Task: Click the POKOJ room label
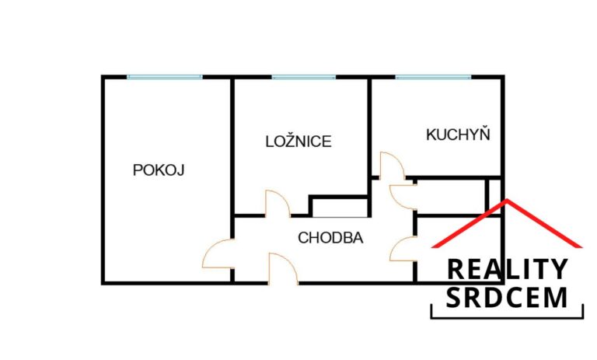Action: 159,170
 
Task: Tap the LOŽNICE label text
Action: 298,142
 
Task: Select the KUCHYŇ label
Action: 459,135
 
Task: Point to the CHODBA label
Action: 330,238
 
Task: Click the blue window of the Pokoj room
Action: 165,76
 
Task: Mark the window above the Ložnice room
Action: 304,76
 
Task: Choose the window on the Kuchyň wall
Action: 433,76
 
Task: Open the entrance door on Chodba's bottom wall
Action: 282,268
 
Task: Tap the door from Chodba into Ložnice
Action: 278,204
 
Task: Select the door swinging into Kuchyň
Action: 390,165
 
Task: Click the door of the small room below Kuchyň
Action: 403,194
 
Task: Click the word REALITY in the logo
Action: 507,270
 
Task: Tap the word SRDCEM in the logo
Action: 507,297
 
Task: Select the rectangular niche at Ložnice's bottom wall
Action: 339,207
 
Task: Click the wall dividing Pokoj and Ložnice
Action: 232,144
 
